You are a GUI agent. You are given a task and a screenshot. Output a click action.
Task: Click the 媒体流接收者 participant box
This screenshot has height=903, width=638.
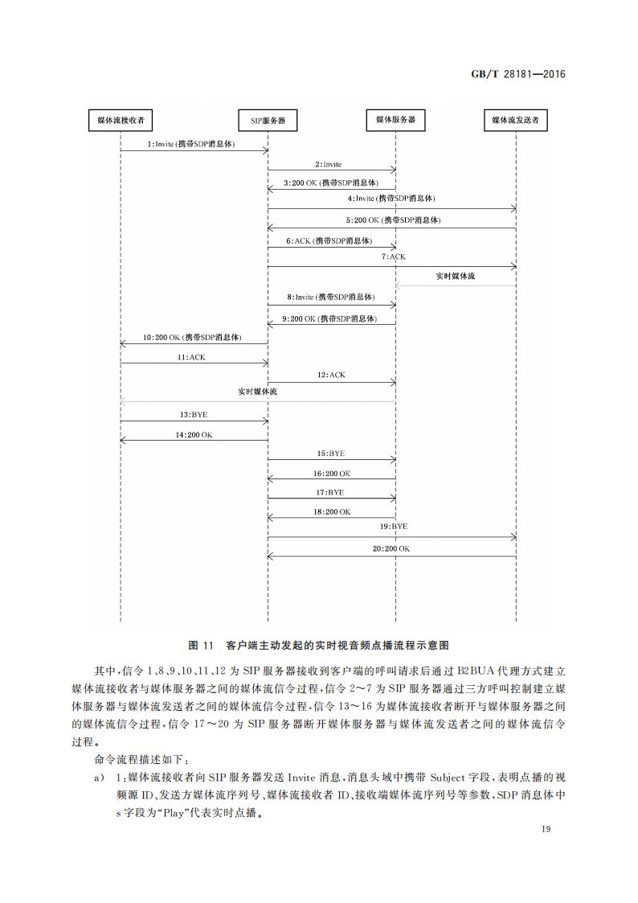click(x=121, y=120)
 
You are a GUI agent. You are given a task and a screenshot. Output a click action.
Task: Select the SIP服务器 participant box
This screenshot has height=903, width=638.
click(x=268, y=121)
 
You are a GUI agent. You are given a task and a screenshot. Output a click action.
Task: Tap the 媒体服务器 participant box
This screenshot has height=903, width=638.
click(x=395, y=120)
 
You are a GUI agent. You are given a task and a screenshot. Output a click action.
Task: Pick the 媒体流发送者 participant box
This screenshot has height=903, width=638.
click(x=515, y=121)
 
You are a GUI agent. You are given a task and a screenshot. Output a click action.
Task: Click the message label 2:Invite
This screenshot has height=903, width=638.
click(x=328, y=164)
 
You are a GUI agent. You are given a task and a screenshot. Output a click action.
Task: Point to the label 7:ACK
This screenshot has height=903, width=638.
click(x=394, y=257)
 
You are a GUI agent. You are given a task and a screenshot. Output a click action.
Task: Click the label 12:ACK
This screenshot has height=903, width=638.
click(x=331, y=375)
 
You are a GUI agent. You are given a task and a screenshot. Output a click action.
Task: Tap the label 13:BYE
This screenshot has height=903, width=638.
click(x=194, y=415)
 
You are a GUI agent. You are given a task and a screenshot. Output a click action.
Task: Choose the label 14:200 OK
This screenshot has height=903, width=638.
click(x=194, y=434)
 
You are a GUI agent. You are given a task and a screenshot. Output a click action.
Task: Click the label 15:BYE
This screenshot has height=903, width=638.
click(x=330, y=454)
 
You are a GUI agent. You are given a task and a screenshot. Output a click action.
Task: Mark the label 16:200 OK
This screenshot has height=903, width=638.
click(x=332, y=474)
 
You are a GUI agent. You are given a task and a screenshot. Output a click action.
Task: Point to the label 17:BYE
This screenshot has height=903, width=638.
click(x=330, y=491)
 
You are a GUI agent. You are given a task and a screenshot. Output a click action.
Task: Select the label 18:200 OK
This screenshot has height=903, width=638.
click(x=332, y=511)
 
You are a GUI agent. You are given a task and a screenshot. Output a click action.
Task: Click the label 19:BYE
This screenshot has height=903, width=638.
click(x=394, y=526)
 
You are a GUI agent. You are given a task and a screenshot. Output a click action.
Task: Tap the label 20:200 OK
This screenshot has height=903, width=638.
click(x=391, y=548)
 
